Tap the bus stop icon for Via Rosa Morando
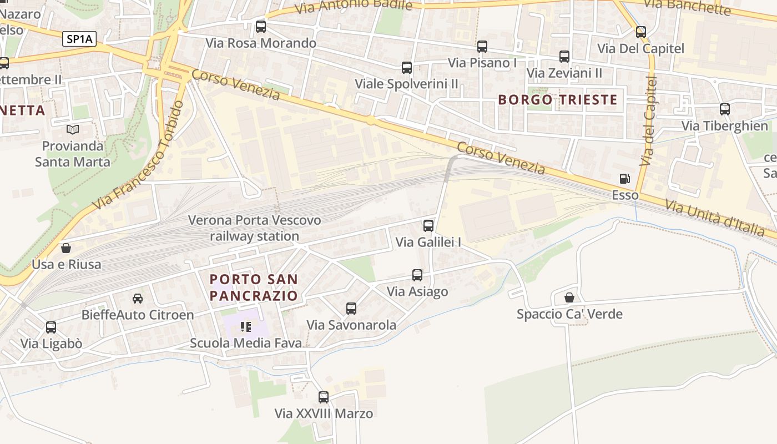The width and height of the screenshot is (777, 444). pos(260,27)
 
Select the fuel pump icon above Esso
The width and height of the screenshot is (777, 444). pos(625,179)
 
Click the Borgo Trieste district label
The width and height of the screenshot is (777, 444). pos(558,100)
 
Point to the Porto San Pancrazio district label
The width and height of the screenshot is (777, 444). pos(254,287)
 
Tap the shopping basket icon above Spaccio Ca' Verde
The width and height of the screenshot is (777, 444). pos(569,297)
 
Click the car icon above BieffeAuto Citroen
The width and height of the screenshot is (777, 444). pos(138,299)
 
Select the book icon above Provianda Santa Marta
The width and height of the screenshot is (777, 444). pos(73,129)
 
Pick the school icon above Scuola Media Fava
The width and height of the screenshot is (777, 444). pos(245,326)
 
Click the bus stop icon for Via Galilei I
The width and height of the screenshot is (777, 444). pos(428,225)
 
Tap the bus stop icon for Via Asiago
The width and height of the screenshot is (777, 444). pos(417,275)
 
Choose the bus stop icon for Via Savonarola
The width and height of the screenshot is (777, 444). pos(351,308)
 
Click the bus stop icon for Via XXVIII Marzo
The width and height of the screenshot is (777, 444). pos(324,397)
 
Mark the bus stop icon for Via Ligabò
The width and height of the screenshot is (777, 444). pos(51,327)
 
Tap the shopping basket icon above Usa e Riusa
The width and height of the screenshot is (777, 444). pos(66,248)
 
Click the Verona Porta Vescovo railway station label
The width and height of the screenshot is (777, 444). pos(254,228)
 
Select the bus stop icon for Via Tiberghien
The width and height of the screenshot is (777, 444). pos(724,109)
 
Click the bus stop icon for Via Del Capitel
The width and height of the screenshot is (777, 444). pos(641,32)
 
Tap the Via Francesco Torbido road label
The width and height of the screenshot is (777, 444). pos(139,155)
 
